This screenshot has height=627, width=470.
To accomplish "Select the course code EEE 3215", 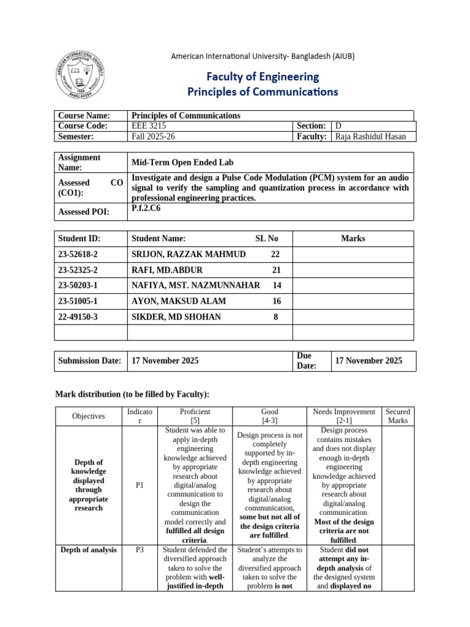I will (149, 126).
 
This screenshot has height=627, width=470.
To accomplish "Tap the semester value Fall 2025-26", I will (153, 137).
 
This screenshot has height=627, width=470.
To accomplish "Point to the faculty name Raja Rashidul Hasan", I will (370, 137).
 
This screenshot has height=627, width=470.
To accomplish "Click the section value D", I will (338, 126).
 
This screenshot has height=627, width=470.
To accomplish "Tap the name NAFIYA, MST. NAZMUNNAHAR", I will (195, 285).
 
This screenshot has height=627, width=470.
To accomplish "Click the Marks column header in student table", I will (353, 239).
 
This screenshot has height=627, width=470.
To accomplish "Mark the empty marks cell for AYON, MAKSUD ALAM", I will (353, 301).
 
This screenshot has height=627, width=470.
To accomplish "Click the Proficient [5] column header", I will (195, 416).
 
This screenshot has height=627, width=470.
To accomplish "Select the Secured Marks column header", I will (398, 416).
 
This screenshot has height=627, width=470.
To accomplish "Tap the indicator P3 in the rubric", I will (139, 550).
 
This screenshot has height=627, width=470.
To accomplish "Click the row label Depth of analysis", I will (89, 550).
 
